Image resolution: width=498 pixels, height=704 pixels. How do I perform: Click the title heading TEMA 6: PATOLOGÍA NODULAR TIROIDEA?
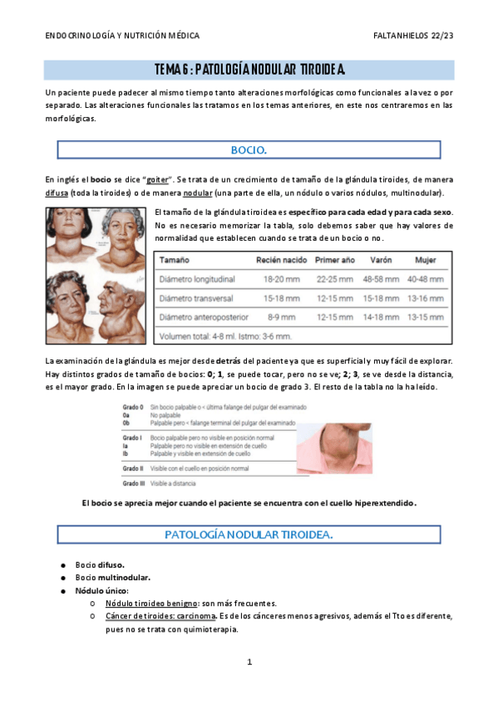[x=249, y=69]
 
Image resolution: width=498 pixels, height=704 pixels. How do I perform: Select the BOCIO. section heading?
[x=249, y=150]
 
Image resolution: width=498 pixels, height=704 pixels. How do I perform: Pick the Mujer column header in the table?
[x=426, y=260]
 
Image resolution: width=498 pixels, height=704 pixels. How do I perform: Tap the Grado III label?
[x=134, y=483]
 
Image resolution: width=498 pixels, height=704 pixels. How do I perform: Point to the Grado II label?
[x=134, y=469]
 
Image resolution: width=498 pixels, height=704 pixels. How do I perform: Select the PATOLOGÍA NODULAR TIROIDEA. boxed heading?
[x=249, y=535]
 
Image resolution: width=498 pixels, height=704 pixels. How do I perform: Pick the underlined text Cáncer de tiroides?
[x=143, y=616]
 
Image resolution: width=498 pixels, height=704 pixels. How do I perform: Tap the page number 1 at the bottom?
[x=249, y=662]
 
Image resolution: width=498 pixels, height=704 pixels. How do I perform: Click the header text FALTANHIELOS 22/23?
[x=413, y=37]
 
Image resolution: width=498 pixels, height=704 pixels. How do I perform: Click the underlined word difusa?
[x=57, y=192]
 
